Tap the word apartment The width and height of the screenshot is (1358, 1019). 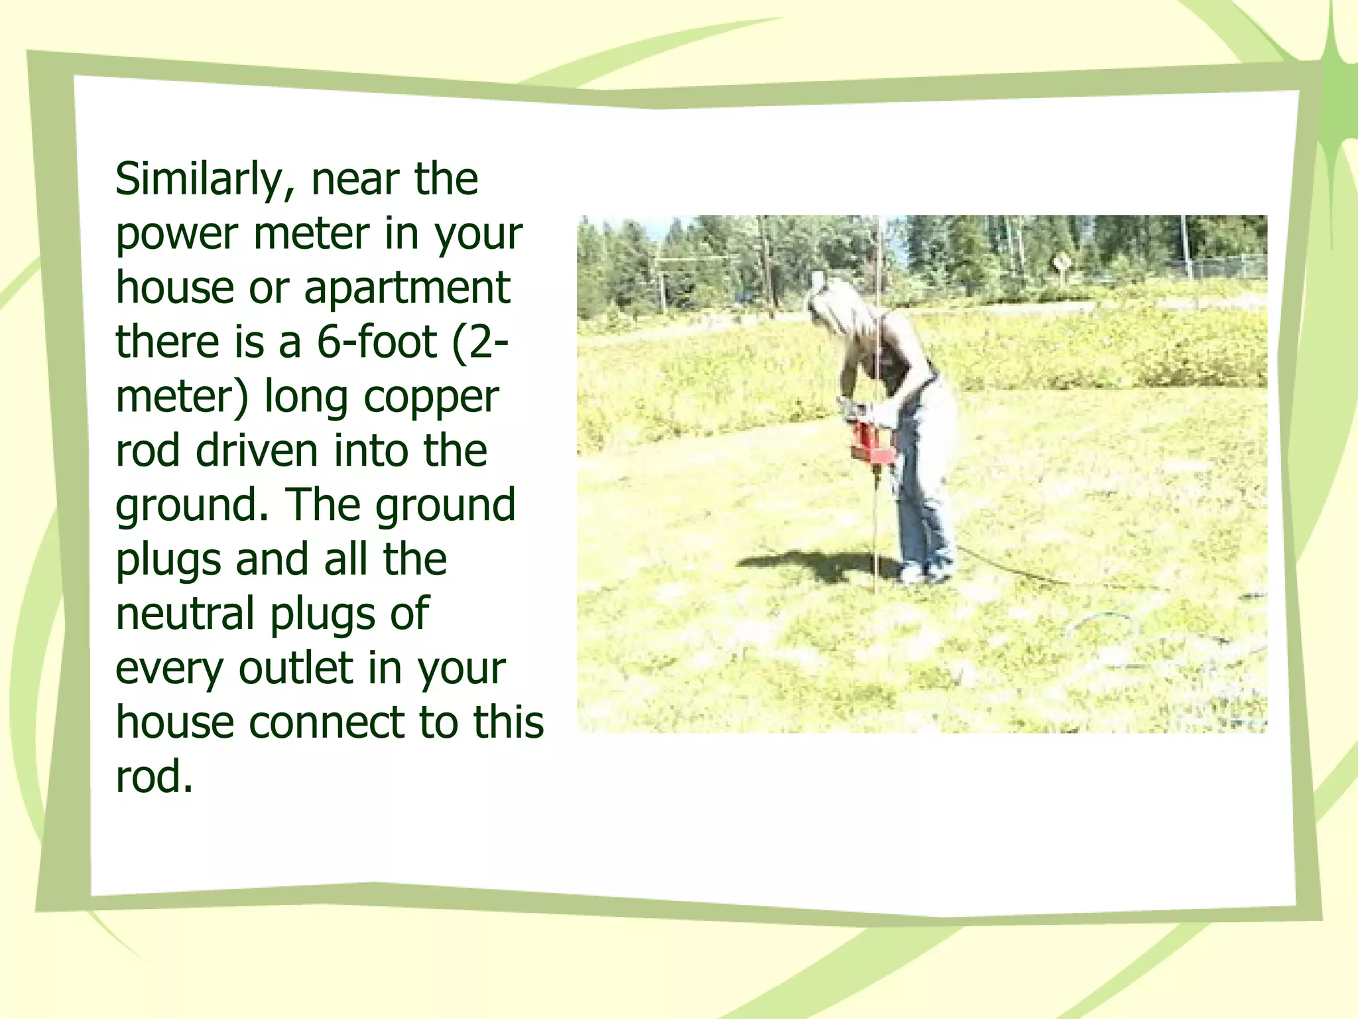406,289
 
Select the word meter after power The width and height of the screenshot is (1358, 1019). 312,234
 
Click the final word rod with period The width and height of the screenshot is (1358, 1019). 154,777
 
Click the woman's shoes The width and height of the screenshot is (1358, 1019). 925,571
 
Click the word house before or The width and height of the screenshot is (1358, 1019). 174,289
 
